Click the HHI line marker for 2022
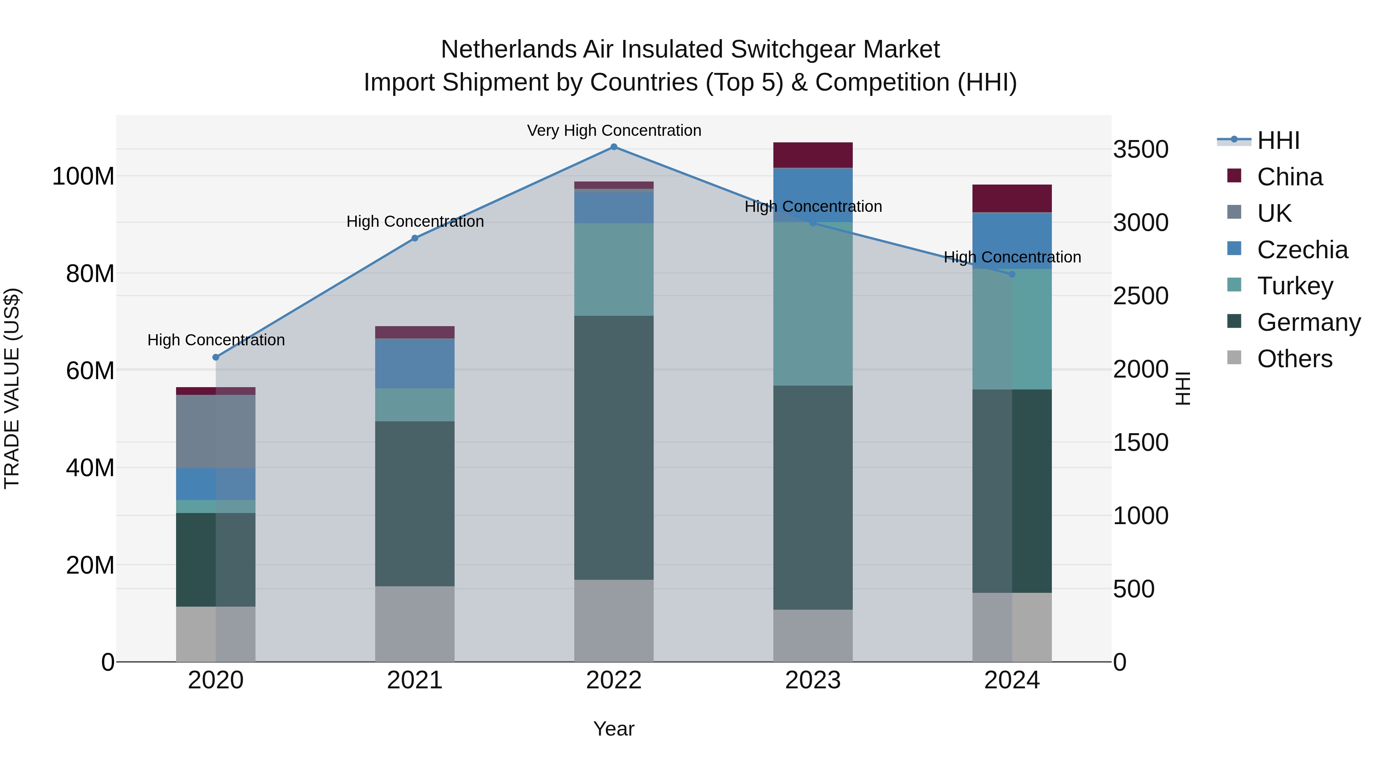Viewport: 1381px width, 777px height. click(614, 147)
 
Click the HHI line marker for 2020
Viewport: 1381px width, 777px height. click(216, 357)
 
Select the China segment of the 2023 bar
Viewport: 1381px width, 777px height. click(813, 155)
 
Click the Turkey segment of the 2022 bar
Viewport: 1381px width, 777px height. click(614, 269)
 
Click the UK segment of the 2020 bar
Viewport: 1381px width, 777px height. click(216, 431)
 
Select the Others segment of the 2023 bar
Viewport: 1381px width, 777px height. click(813, 635)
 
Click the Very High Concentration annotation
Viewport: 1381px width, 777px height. click(614, 130)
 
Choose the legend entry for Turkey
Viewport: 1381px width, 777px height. click(1295, 286)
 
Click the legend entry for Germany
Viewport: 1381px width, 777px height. click(1308, 322)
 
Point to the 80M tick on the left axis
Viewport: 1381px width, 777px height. click(90, 274)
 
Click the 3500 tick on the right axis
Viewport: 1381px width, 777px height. click(1140, 149)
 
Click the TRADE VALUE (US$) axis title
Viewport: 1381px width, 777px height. click(12, 388)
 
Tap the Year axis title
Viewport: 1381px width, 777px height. click(614, 729)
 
